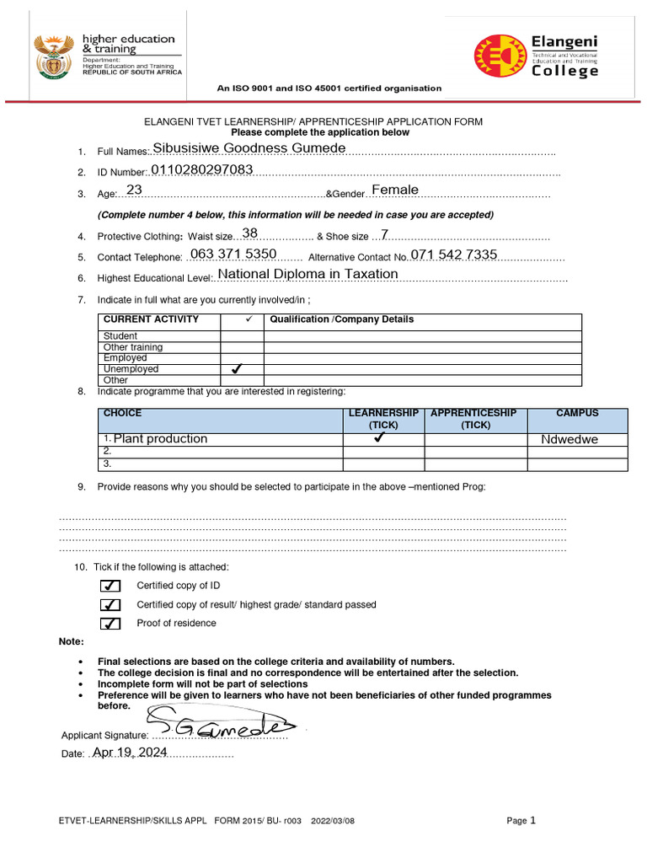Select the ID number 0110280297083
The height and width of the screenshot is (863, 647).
(201, 170)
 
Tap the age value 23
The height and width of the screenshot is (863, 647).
(134, 190)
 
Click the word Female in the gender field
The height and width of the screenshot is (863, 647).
(395, 190)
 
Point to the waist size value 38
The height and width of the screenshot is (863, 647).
(249, 233)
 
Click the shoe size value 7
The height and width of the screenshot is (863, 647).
(385, 234)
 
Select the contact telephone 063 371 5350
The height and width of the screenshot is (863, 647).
(233, 254)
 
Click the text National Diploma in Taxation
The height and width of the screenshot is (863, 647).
(307, 274)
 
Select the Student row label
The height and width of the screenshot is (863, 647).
(120, 335)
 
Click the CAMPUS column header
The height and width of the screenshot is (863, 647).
(577, 414)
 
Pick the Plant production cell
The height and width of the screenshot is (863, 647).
(160, 439)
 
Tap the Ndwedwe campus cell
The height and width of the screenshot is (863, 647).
(569, 440)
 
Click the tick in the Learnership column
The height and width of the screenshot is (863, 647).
(383, 439)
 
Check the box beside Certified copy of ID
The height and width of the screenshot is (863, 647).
(110, 586)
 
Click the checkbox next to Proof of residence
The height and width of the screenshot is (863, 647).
(110, 624)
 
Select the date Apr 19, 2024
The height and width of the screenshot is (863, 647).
(130, 753)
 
